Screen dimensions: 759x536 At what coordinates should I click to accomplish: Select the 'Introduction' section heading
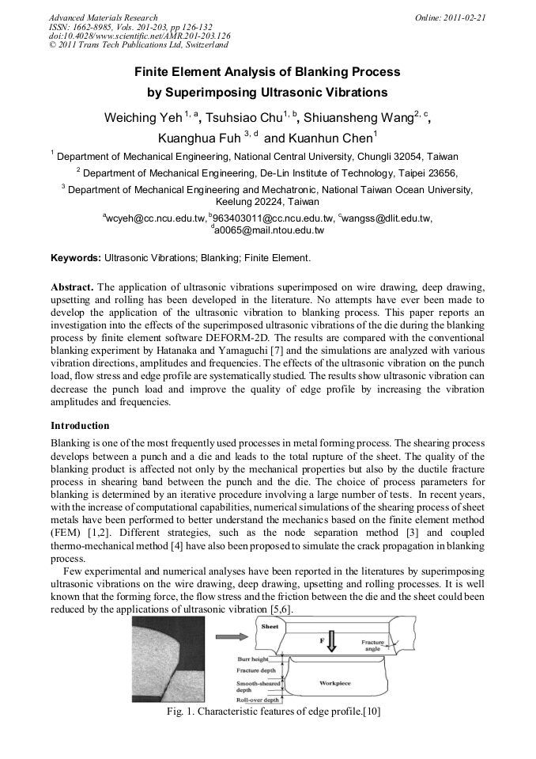click(x=80, y=425)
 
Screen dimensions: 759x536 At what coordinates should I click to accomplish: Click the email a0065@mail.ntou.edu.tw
click(x=269, y=230)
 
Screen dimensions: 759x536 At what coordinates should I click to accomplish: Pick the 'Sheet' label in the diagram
click(x=270, y=625)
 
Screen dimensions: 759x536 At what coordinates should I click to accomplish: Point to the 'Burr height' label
click(x=254, y=658)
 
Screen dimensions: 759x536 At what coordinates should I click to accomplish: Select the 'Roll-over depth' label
click(x=259, y=700)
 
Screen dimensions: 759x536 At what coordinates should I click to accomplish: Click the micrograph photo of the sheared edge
click(x=168, y=659)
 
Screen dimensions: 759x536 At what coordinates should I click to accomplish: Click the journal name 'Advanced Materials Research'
click(x=103, y=17)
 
